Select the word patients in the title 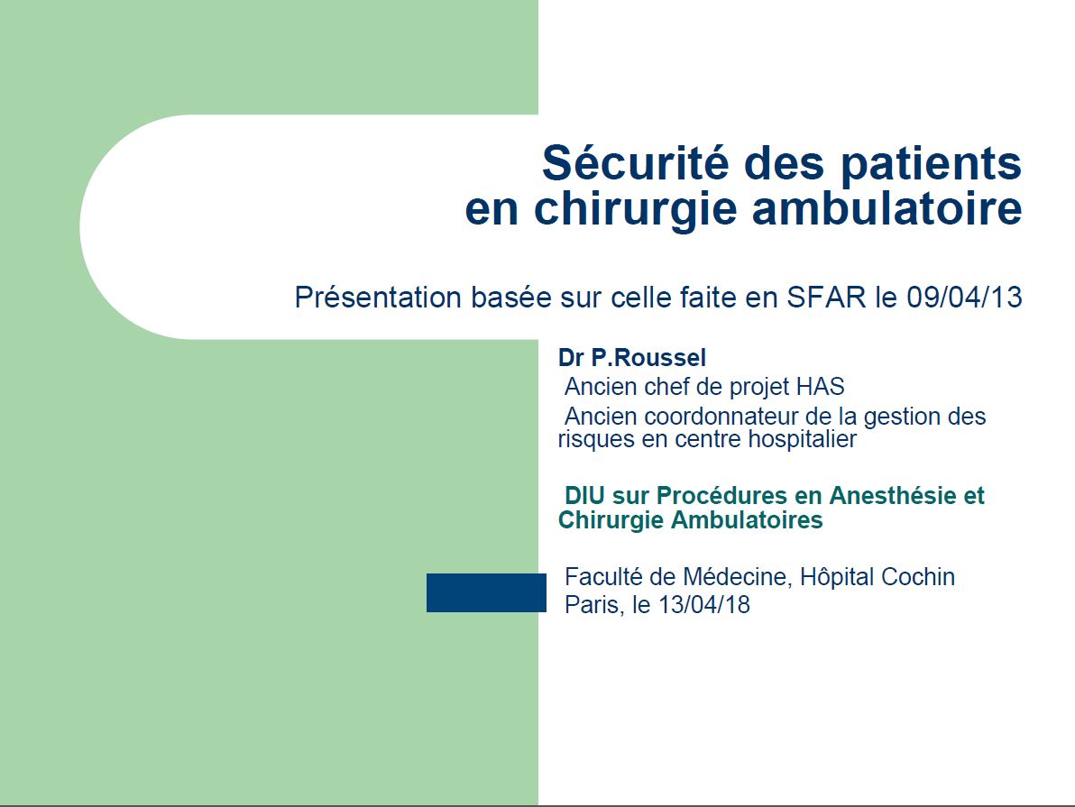tap(931, 164)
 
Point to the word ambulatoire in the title tap(887, 207)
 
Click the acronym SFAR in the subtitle tap(826, 298)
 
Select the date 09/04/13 tap(964, 298)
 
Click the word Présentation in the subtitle tap(378, 298)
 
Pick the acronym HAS tap(820, 387)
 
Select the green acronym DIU tap(584, 496)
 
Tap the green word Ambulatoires tap(747, 519)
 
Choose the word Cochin tap(917, 577)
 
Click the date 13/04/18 tap(704, 605)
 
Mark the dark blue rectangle tap(486, 592)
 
